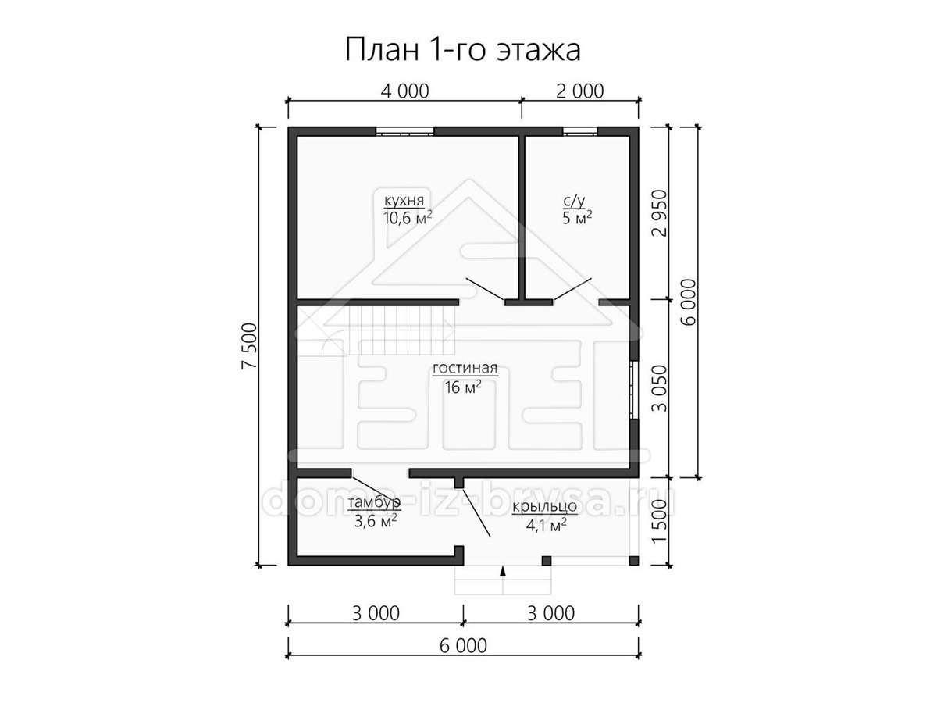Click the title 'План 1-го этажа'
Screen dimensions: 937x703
(462, 50)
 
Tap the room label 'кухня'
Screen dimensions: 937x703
(404, 200)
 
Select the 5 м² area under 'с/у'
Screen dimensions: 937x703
(577, 218)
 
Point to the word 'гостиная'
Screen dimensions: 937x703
(465, 367)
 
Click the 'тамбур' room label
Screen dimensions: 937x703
(375, 502)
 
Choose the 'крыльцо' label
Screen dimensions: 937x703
(545, 507)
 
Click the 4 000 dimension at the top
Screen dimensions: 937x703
(404, 91)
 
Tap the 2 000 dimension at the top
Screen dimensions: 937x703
(579, 91)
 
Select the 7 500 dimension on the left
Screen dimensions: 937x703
(249, 346)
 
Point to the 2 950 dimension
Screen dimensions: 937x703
(660, 213)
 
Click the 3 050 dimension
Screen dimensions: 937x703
(660, 388)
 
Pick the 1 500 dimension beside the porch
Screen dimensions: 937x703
(660, 521)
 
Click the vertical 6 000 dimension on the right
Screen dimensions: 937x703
(689, 302)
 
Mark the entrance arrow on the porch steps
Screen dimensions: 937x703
(503, 572)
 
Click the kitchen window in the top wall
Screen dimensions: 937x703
(404, 131)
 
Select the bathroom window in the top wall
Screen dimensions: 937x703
(579, 131)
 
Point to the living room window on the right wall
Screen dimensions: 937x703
(634, 390)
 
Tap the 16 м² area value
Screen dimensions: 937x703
(463, 387)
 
